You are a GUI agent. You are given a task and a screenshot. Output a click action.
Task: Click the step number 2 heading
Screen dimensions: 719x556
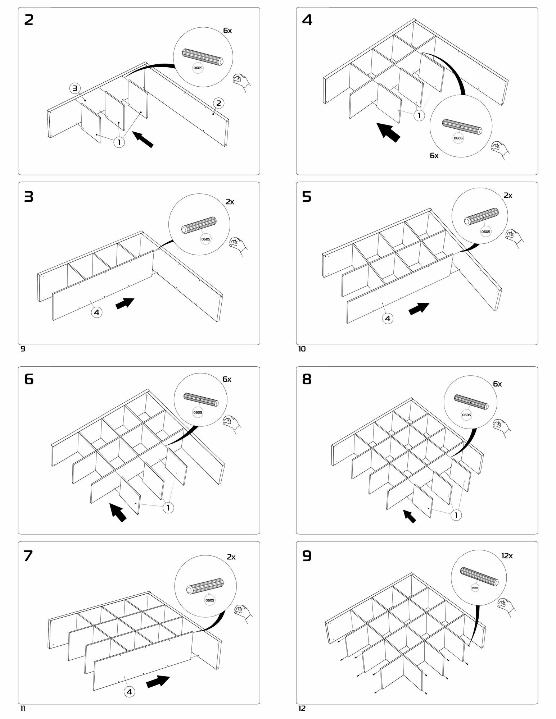(29, 20)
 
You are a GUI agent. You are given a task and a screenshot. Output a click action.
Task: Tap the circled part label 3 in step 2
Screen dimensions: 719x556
(75, 88)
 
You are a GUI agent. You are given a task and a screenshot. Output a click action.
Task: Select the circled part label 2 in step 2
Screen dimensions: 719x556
(218, 104)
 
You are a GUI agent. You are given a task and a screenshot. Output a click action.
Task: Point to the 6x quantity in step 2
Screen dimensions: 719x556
(227, 31)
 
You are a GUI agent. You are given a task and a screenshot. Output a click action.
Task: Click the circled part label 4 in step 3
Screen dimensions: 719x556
(96, 312)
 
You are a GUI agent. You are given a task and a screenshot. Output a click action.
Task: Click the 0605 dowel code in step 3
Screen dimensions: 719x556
(206, 239)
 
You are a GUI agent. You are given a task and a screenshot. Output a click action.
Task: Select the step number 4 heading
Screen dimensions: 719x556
(307, 20)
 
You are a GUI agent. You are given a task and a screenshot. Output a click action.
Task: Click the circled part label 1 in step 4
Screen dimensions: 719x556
(419, 116)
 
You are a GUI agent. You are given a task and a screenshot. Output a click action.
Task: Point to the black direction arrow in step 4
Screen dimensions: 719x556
(388, 132)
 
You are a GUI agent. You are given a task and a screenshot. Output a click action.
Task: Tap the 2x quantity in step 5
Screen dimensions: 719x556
(508, 196)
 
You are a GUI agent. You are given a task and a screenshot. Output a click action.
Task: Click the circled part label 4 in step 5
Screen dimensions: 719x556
(388, 319)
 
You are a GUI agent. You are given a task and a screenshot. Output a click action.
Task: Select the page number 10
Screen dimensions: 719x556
(302, 349)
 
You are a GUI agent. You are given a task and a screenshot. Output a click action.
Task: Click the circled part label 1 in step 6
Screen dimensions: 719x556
(168, 508)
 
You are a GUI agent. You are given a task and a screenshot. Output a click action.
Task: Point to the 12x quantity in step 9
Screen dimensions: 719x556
(507, 556)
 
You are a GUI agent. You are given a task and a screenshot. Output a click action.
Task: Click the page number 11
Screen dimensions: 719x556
(22, 709)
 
